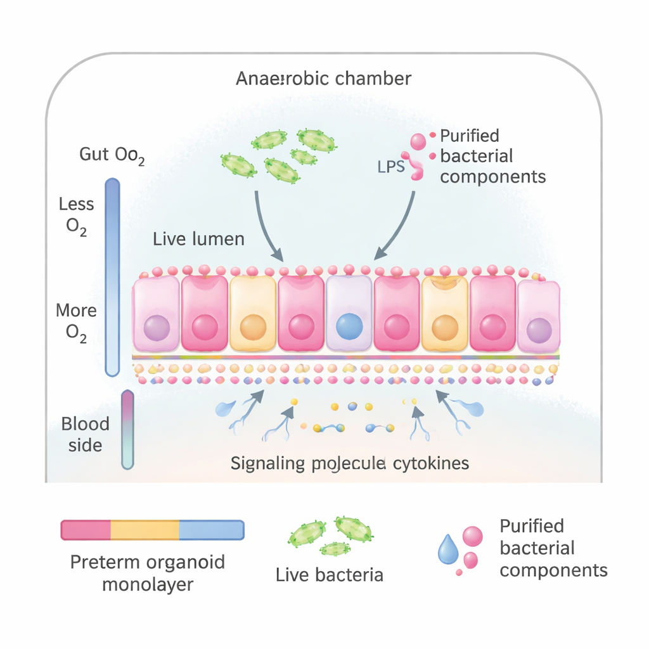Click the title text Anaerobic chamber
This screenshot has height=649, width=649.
(x=323, y=79)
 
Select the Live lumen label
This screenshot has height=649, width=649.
(x=198, y=239)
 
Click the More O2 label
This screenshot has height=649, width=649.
(x=76, y=322)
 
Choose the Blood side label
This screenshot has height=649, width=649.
(x=85, y=434)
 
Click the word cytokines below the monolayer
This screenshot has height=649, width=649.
(x=431, y=463)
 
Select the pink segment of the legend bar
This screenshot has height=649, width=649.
(x=86, y=530)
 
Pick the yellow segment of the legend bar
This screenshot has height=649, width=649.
(x=145, y=530)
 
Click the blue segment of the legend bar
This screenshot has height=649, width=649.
(x=212, y=530)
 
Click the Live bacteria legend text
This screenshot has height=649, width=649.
(x=330, y=575)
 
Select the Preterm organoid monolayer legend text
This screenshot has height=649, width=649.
(x=147, y=573)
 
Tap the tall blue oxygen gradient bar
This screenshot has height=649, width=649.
(x=112, y=278)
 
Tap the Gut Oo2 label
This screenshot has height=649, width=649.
(x=112, y=155)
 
